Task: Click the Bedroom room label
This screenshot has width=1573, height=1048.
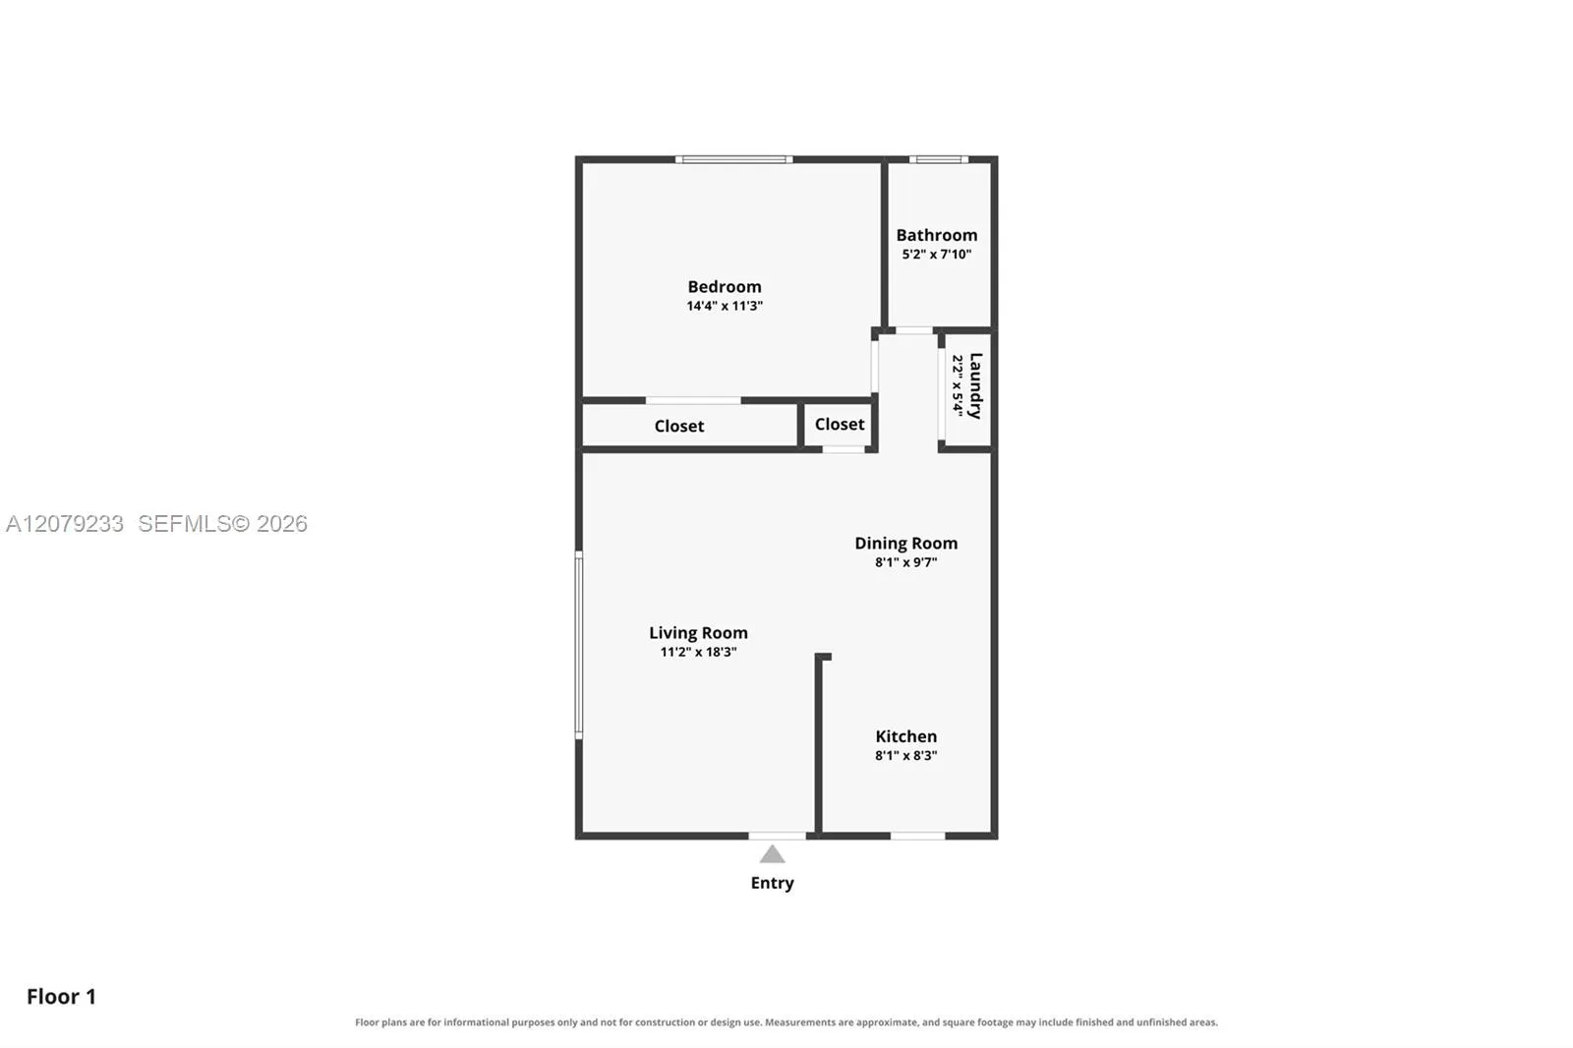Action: pos(724,287)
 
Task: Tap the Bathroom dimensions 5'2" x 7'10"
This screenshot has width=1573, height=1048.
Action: pos(936,255)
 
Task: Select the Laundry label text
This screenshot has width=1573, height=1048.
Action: pos(975,385)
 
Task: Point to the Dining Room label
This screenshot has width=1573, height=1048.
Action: pos(905,543)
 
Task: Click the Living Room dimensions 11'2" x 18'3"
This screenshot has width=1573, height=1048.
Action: pos(698,652)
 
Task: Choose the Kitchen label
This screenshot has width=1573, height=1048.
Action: pos(905,736)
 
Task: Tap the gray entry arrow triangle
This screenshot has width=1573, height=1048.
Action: pos(772,854)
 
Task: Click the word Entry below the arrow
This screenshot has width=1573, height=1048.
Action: pos(772,883)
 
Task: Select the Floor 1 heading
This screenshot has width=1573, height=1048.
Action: pos(61,997)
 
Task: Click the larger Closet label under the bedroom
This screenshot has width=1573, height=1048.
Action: pos(679,427)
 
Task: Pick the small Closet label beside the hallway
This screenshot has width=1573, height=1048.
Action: pos(840,425)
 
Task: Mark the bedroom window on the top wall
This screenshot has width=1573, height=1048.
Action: pos(733,159)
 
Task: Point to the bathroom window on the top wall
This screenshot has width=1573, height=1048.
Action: pos(939,159)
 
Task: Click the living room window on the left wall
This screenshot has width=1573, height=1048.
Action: pos(579,645)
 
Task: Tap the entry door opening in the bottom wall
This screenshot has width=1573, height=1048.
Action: pos(778,836)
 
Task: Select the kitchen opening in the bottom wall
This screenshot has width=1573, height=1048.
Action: pos(918,836)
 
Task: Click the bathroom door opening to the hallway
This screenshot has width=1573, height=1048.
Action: pos(914,330)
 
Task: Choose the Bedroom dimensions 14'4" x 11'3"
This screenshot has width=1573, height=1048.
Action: pos(724,306)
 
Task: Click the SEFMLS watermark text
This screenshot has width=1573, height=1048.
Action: pos(222,523)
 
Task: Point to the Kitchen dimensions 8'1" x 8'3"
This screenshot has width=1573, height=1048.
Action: pos(905,756)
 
